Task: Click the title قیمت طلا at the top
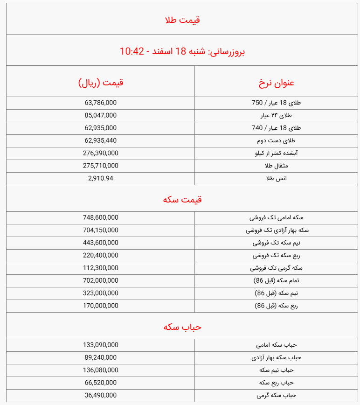pyautogui.click(x=182, y=20)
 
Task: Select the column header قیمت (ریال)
pyautogui.click(x=101, y=83)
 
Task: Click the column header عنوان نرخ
pyautogui.click(x=277, y=83)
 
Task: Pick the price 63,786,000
pyautogui.click(x=101, y=103)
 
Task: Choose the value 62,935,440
pyautogui.click(x=101, y=140)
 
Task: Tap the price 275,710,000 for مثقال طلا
pyautogui.click(x=101, y=166)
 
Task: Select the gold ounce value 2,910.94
pyautogui.click(x=101, y=178)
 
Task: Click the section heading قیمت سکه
pyautogui.click(x=182, y=199)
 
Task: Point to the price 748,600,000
pyautogui.click(x=101, y=217)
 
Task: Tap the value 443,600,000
pyautogui.click(x=101, y=243)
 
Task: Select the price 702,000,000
pyautogui.click(x=101, y=280)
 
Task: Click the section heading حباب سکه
pyautogui.click(x=182, y=327)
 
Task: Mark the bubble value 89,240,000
pyautogui.click(x=101, y=357)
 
